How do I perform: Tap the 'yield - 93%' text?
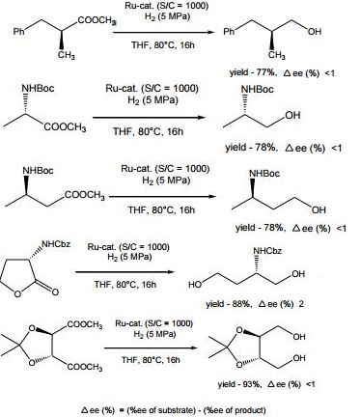(x=263, y=384)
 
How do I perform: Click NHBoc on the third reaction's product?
(x=254, y=169)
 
